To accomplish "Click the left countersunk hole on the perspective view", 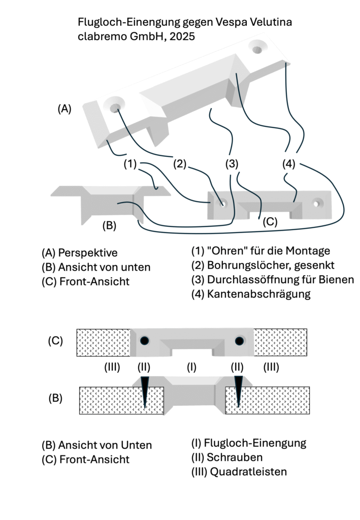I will [x=115, y=107].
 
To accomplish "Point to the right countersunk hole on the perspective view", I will [x=258, y=49].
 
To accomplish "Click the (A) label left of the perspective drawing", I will [x=64, y=108].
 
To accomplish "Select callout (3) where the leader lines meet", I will [x=232, y=164].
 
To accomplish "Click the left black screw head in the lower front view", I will [x=145, y=341].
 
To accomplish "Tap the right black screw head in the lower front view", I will [x=237, y=341].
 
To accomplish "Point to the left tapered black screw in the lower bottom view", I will [x=145, y=392].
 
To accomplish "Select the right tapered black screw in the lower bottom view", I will [x=238, y=392].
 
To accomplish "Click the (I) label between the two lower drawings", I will [x=191, y=368].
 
